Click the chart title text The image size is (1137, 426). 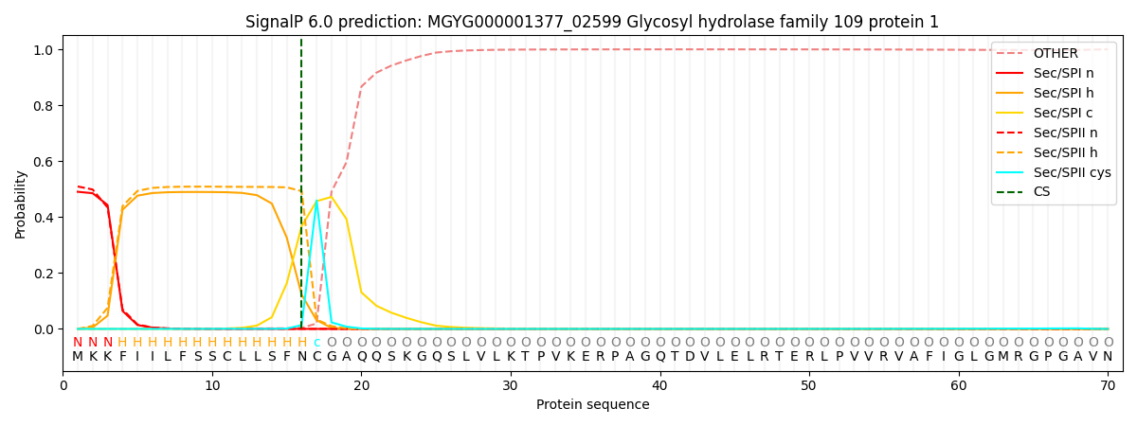(592, 22)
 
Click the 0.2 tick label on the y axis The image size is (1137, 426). (44, 274)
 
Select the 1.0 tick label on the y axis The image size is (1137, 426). (44, 50)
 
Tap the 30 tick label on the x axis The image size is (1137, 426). (510, 385)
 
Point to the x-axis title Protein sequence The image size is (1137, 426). (592, 404)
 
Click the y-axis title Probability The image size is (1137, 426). (21, 204)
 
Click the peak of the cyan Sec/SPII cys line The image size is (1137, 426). (316, 201)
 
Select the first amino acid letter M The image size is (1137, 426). (78, 357)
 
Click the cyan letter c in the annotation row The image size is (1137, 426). (316, 343)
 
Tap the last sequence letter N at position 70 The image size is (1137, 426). (1108, 357)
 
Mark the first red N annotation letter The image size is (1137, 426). (78, 343)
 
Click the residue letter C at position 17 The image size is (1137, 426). (316, 357)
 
